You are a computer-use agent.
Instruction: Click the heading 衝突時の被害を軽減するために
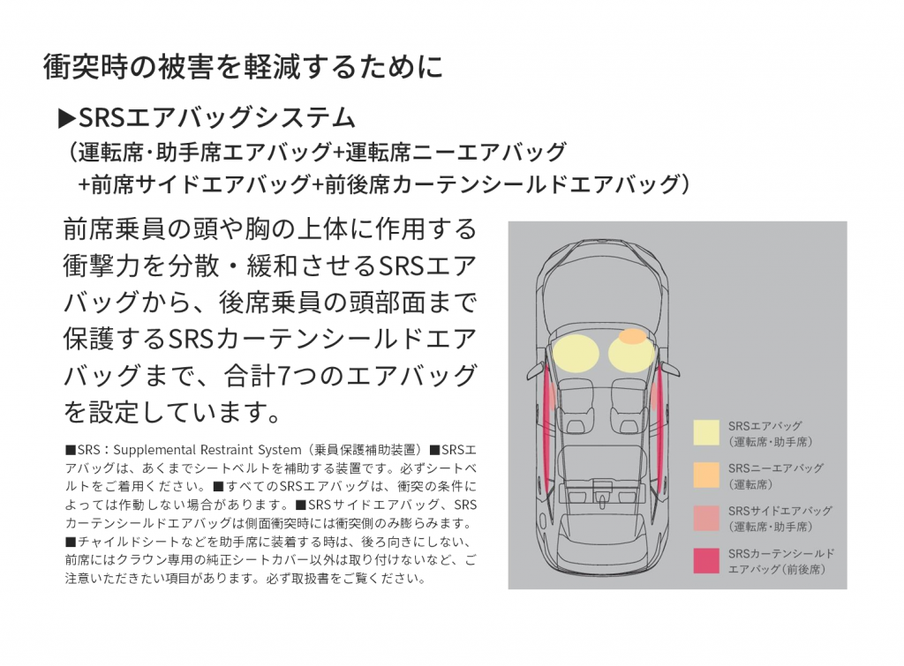(x=243, y=67)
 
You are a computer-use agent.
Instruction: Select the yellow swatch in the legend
(x=706, y=432)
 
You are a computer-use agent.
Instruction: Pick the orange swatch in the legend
(x=706, y=475)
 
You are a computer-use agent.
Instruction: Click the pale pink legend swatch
(x=706, y=518)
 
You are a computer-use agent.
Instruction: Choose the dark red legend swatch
(x=706, y=561)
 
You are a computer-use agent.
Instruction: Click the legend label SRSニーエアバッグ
(x=776, y=468)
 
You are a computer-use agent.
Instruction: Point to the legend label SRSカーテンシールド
(x=781, y=553)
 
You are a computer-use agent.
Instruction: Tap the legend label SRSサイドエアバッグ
(x=780, y=511)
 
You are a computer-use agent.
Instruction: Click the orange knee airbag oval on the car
(x=632, y=336)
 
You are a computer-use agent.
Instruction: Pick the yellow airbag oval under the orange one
(x=630, y=355)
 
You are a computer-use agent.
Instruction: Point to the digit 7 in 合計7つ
(x=285, y=374)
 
